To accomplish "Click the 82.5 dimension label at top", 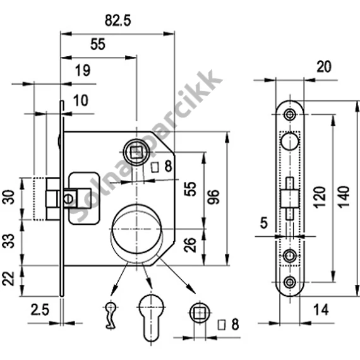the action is tap(117, 20).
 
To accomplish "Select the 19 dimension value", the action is tap(83, 70).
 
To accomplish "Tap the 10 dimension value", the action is tap(81, 100).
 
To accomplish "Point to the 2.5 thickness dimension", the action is tap(40, 310).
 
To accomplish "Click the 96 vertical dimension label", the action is tap(213, 197).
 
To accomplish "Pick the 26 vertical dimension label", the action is tap(191, 245).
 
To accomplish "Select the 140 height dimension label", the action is tap(344, 197).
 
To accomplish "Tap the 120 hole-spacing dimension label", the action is tap(320, 197).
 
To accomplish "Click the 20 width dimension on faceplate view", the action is tap(324, 67).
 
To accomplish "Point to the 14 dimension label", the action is tap(321, 310).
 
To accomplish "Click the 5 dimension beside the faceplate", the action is tap(264, 223).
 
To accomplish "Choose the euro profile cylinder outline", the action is tap(151, 318).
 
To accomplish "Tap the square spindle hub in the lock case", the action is tap(136, 152).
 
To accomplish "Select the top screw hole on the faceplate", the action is tap(290, 114).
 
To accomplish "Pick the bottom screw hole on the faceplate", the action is tap(290, 282).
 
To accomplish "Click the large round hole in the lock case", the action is tap(137, 229).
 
